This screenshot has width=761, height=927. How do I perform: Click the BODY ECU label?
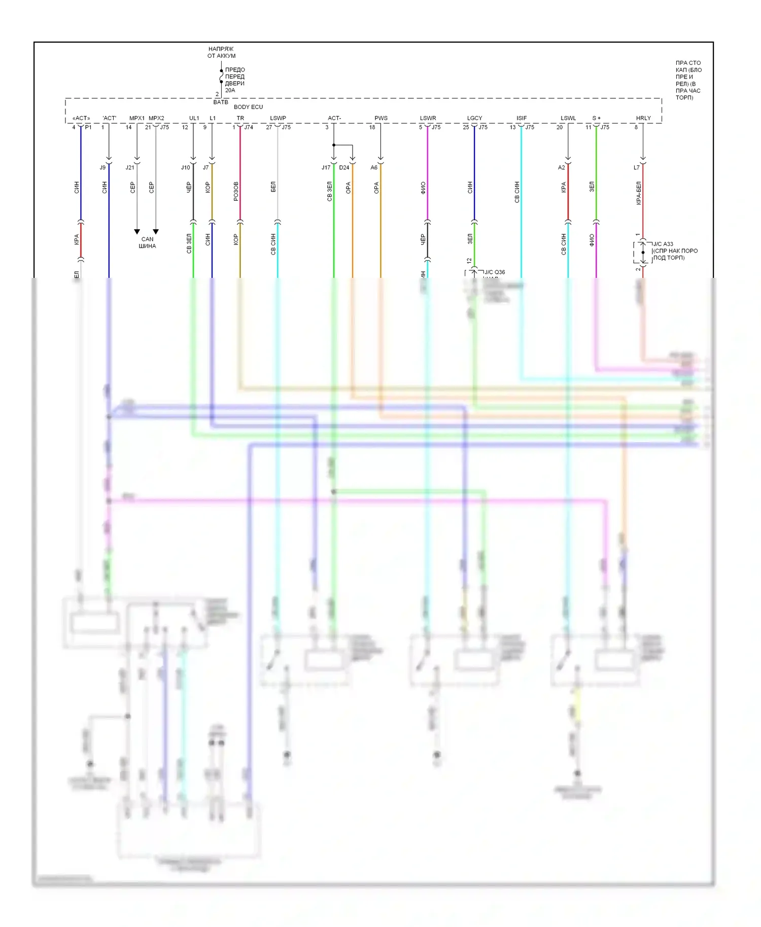[x=248, y=107]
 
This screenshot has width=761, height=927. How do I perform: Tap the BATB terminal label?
[x=221, y=102]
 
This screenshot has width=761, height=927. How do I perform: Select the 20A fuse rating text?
[x=230, y=90]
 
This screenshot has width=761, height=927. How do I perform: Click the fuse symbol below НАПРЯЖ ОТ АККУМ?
[x=221, y=76]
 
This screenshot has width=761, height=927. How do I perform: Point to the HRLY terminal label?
[x=643, y=118]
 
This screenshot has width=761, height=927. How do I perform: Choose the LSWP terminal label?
[x=278, y=118]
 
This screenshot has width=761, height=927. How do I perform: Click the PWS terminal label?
[x=381, y=118]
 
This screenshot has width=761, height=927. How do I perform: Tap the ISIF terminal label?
[x=522, y=118]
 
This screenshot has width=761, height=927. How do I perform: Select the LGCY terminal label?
[x=475, y=118]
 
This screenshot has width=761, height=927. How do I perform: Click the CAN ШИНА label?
[x=147, y=242]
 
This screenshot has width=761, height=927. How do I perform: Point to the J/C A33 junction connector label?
[x=663, y=244]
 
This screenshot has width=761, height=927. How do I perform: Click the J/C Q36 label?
[x=495, y=272]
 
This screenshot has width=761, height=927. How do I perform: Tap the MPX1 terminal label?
[x=137, y=118]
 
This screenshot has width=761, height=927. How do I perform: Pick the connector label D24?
[x=344, y=167]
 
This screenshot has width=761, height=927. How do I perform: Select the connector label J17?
[x=326, y=167]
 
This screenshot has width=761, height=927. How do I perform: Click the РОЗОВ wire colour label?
[x=236, y=191]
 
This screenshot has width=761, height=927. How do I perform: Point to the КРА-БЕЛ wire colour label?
[x=639, y=193]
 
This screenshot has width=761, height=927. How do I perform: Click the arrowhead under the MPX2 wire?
[x=156, y=232]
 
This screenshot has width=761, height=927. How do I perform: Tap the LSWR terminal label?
[x=428, y=118]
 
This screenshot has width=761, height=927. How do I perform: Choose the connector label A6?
[x=374, y=167]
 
